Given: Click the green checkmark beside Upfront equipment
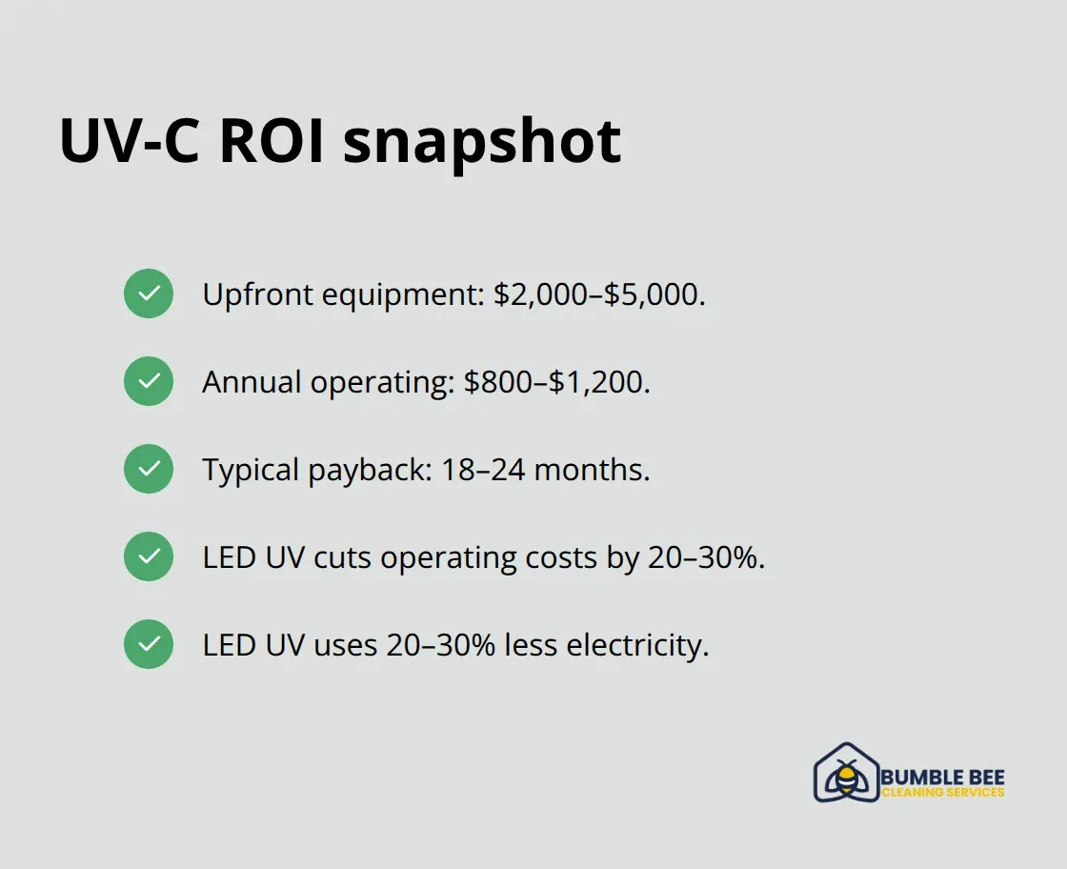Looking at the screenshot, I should [x=149, y=293].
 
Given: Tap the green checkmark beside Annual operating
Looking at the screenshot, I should [x=149, y=381].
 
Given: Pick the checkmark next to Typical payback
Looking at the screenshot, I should [x=149, y=469].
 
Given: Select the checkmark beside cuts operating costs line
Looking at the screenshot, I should [x=149, y=556].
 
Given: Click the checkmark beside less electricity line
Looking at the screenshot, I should [x=149, y=644].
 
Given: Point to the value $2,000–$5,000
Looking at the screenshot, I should [x=599, y=294].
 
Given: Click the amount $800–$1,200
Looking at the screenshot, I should [x=556, y=382].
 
